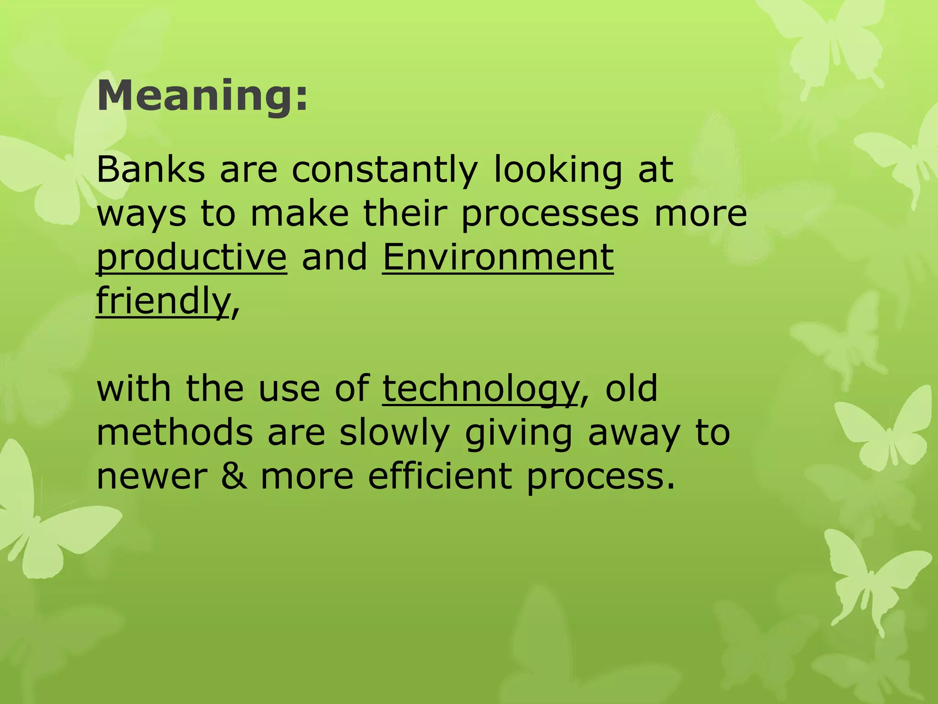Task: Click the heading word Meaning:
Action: point(202,96)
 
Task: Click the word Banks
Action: point(151,170)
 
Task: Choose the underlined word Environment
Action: point(497,257)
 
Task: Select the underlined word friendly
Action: point(163,301)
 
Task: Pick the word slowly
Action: point(394,433)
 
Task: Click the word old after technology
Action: point(632,389)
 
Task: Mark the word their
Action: point(405,214)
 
